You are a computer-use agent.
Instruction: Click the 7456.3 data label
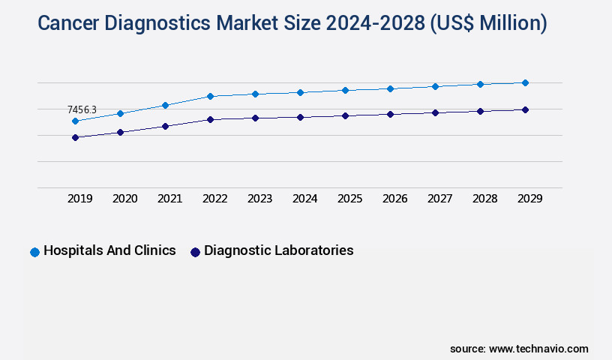(x=82, y=110)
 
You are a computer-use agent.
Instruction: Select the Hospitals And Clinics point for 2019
(x=75, y=121)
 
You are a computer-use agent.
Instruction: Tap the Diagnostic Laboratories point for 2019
(x=75, y=137)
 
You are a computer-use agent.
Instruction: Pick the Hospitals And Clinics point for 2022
(x=210, y=96)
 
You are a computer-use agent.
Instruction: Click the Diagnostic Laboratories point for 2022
(x=210, y=119)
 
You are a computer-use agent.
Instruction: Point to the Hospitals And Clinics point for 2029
(x=525, y=82)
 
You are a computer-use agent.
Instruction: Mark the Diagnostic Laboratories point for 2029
(x=525, y=109)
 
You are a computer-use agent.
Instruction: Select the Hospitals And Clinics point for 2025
(x=345, y=90)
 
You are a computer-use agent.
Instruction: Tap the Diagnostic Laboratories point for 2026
(x=390, y=114)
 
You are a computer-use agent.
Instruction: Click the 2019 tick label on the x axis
(x=80, y=199)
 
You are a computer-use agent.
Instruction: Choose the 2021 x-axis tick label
(x=170, y=199)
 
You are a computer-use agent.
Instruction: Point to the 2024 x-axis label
(x=305, y=199)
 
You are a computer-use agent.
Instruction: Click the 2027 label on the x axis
(x=440, y=199)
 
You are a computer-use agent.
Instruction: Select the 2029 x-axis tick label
(x=530, y=199)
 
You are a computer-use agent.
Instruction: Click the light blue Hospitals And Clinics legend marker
(x=34, y=252)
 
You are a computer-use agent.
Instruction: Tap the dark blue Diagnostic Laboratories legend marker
(x=195, y=252)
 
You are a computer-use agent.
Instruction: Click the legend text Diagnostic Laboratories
(x=278, y=250)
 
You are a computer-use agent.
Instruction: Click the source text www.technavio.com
(x=538, y=349)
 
